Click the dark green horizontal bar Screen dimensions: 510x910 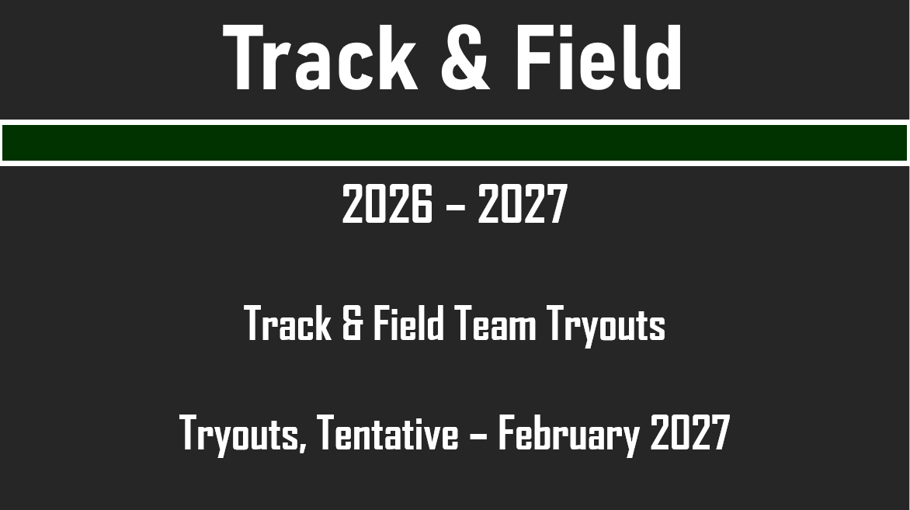click(x=455, y=143)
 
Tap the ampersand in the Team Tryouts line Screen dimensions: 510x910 click(x=352, y=324)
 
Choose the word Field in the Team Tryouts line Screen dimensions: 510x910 click(x=408, y=324)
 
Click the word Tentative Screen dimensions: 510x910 click(x=388, y=433)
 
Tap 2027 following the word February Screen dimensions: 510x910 click(x=689, y=433)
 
